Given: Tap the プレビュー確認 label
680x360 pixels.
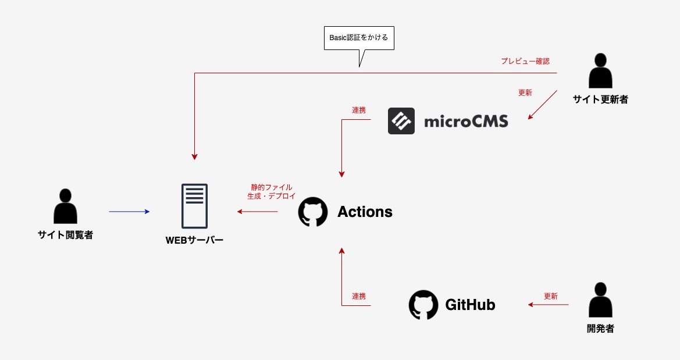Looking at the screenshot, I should point(525,61).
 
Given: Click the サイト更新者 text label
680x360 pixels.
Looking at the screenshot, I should point(600,99).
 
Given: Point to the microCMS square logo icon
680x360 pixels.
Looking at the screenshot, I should point(401,121).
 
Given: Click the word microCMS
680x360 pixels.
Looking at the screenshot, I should point(466,122).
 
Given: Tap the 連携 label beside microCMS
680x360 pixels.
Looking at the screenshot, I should point(359,110).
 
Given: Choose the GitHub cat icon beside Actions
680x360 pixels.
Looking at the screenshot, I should point(313,212).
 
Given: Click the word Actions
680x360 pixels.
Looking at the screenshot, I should point(365,212).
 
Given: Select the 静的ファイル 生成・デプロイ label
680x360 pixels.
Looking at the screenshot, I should point(271,192).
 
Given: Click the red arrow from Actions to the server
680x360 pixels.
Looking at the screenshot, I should point(257,212).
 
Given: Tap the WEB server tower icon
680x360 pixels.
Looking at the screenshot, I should point(194,206).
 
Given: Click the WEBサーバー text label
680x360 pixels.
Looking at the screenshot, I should point(194,240).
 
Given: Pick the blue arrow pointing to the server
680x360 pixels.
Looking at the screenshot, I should point(129,212).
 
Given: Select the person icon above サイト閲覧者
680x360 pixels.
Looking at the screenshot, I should point(65,206).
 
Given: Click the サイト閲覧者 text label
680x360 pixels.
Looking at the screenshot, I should point(65,235).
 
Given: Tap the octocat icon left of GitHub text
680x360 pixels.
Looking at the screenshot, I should point(423,305).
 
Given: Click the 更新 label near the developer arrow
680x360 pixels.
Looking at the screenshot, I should point(550,296).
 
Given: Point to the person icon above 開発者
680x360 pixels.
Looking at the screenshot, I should point(600,300).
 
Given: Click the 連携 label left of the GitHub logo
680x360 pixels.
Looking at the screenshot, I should point(359,296).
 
